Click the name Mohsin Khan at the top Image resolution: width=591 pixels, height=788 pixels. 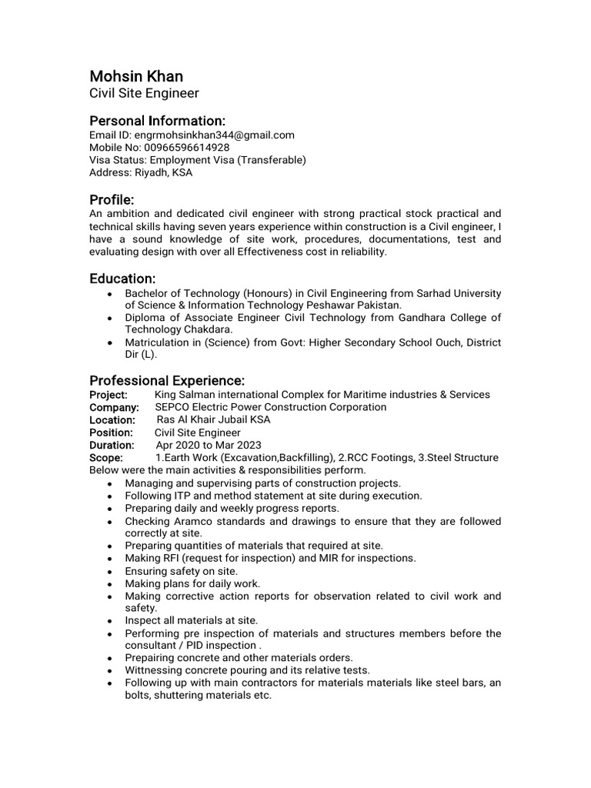(136, 76)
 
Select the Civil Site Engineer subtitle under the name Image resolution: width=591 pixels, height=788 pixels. (144, 94)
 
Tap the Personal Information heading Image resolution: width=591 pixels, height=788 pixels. (157, 121)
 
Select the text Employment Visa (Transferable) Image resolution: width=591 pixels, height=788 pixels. (228, 159)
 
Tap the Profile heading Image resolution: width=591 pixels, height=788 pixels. (112, 199)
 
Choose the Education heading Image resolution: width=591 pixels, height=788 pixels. (122, 278)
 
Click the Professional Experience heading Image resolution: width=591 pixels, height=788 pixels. (167, 381)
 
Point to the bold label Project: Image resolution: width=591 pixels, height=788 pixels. (109, 395)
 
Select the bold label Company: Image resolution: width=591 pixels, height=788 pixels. (114, 407)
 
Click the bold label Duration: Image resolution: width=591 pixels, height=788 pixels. (112, 445)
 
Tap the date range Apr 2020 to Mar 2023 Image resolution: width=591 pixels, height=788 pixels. (209, 445)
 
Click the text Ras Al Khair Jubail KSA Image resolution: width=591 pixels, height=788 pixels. (213, 420)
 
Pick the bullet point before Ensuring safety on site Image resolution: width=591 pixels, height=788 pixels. (110, 572)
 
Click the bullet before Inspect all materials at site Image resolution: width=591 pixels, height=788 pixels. (110, 621)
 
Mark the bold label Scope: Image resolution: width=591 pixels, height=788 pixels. (106, 458)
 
